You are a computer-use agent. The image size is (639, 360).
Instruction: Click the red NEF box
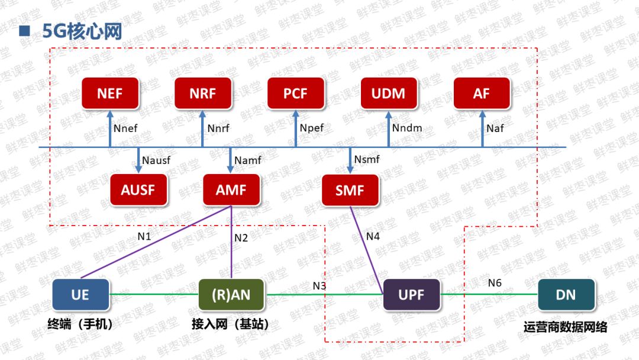coord(109,94)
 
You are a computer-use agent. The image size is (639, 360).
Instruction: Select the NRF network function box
coord(203,94)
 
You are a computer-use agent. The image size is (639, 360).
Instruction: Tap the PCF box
coord(296,94)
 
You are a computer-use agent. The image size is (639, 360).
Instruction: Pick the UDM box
coord(389,94)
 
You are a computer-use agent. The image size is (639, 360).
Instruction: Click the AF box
coord(482,94)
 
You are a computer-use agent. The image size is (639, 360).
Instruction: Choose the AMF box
coord(231,190)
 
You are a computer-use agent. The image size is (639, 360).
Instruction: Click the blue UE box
coord(80,294)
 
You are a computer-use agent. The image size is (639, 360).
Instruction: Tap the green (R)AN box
coord(231,294)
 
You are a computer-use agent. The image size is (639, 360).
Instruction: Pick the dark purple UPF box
coord(411,294)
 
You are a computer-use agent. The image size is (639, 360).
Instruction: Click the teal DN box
coord(566,294)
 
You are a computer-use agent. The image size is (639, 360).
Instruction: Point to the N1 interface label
coord(144,236)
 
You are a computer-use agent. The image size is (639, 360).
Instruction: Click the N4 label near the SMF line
coord(373,236)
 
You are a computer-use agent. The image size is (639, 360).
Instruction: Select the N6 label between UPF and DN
coord(495,283)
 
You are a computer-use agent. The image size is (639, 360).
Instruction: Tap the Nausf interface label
coord(156,160)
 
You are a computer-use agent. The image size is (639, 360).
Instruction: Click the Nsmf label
coord(367,159)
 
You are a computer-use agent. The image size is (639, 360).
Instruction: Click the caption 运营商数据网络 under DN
coord(566,327)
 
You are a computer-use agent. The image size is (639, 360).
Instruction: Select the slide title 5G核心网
coord(82,31)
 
